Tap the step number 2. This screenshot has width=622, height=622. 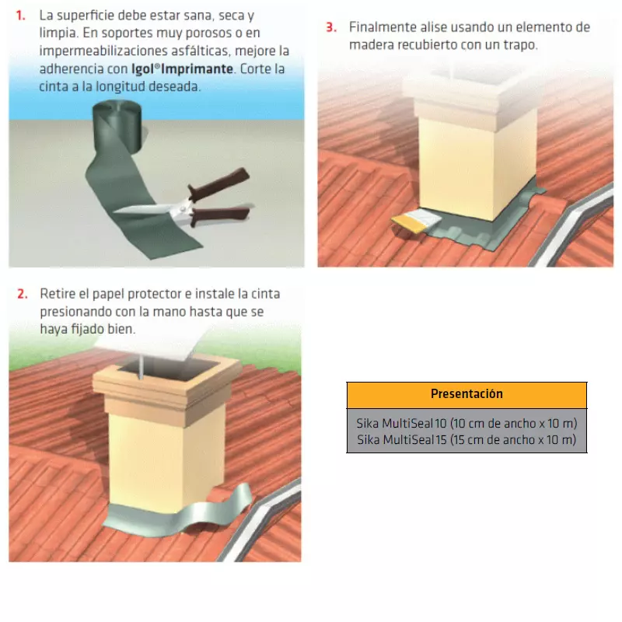(23, 295)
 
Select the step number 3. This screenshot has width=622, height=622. (331, 27)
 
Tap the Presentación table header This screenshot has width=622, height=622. (466, 394)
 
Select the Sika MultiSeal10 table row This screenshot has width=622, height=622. (466, 424)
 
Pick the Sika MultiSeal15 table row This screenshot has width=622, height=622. (466, 440)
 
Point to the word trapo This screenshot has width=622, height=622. (519, 45)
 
